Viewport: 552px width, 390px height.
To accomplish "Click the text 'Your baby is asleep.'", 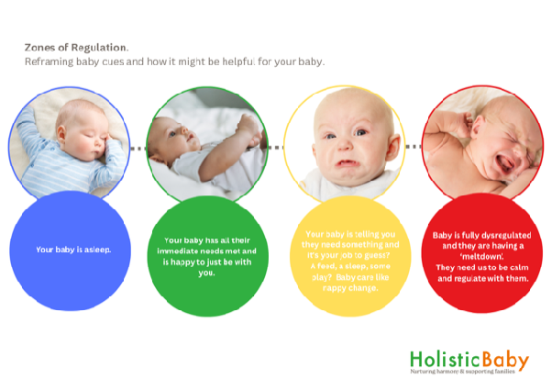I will (x=69, y=250).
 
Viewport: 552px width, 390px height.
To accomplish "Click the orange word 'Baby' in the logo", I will (x=498, y=359).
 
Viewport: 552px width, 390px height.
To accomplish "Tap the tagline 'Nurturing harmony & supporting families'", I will (x=469, y=374).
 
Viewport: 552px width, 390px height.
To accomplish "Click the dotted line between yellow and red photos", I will (x=411, y=147).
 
